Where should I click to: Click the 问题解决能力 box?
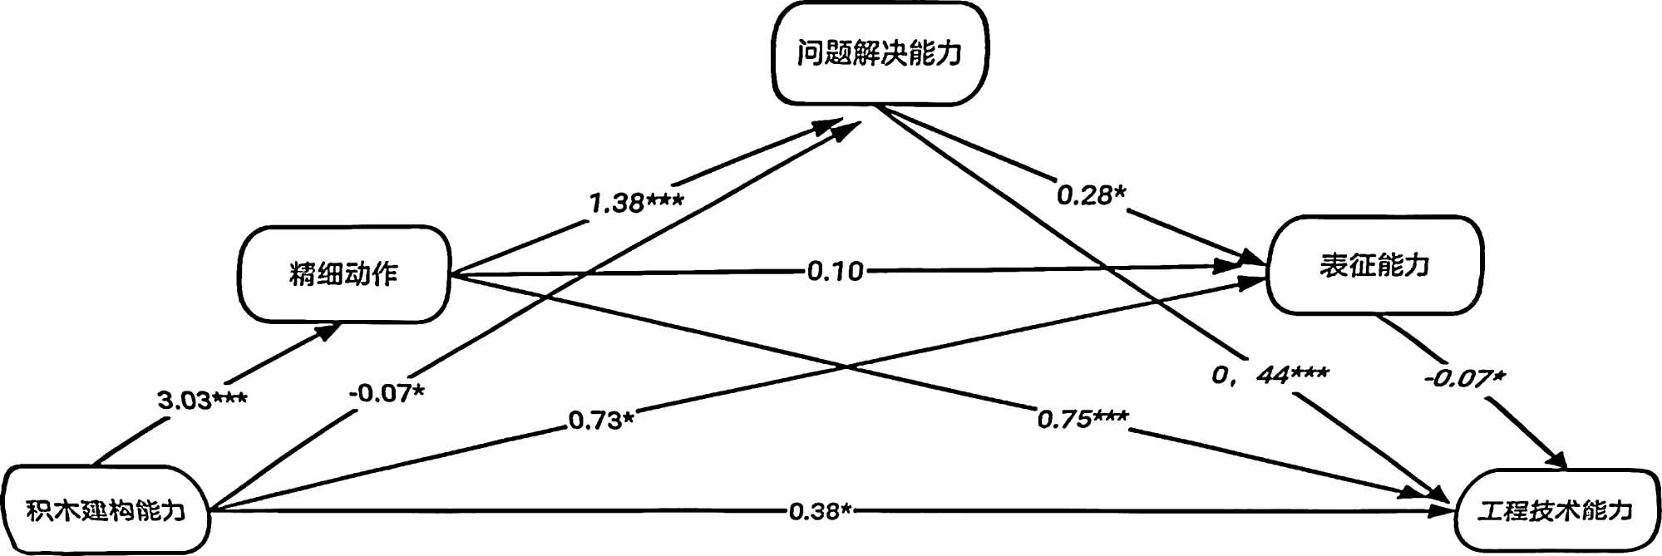point(880,53)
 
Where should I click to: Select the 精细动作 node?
point(344,273)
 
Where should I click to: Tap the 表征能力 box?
point(1374,265)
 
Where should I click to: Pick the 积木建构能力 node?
point(106,509)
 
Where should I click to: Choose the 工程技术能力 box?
point(1556,510)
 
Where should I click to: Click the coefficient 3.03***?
point(202,401)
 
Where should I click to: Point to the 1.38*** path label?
point(636,202)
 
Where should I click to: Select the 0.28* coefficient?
point(1091,195)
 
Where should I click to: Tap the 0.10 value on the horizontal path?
point(836,271)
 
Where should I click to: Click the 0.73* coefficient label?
point(601,421)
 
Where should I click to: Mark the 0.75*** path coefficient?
point(1083,419)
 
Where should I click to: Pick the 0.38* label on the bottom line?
point(821,511)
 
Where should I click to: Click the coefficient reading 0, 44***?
point(1270,376)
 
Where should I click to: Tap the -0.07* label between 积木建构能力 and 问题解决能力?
point(387,392)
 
